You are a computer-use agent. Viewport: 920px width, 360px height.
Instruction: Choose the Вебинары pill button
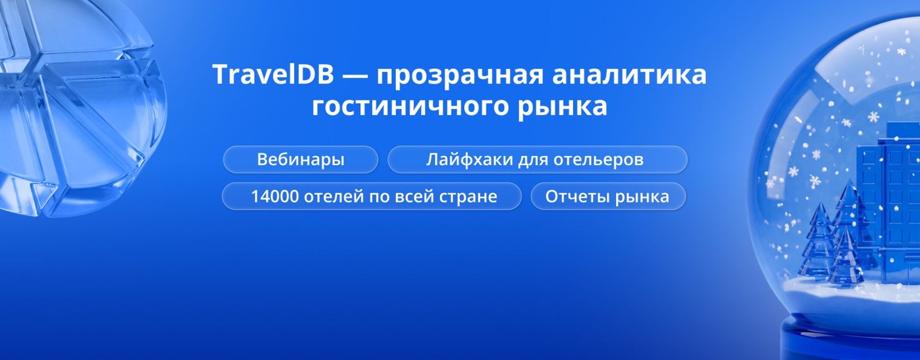point(301,160)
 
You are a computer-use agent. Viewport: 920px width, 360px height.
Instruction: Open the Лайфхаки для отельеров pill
point(537,160)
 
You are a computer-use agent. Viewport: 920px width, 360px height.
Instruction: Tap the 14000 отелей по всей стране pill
point(372,196)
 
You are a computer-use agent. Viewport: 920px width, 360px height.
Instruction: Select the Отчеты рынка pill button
point(608,196)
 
